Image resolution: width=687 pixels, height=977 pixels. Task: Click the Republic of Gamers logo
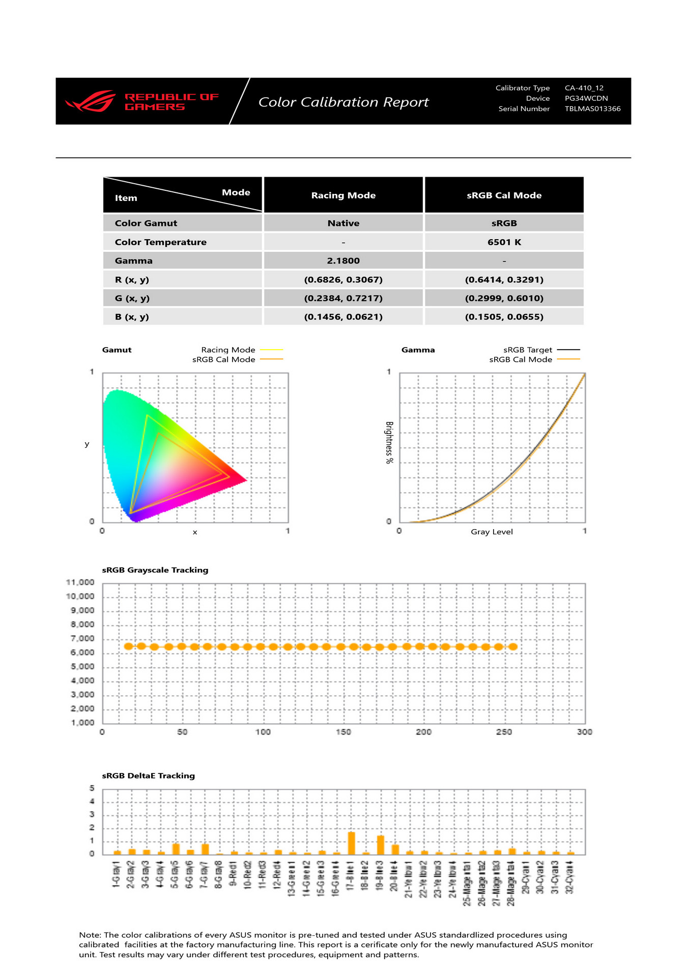coord(142,101)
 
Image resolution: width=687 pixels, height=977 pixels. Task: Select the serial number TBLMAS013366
coord(592,109)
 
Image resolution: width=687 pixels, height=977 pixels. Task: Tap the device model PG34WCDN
coord(586,98)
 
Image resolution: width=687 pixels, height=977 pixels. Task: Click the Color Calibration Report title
coord(343,102)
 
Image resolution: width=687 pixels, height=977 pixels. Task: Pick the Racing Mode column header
coord(343,195)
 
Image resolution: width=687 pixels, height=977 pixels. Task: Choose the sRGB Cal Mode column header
coord(504,195)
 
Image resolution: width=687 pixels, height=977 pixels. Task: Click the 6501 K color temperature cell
coord(504,242)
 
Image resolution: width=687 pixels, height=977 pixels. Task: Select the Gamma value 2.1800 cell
coord(343,261)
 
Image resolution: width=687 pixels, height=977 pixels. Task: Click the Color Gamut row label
coord(146,223)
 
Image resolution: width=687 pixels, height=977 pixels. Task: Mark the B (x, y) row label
coord(132,317)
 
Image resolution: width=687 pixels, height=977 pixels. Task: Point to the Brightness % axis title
coord(389,443)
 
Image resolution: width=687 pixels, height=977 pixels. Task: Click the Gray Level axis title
coord(492,532)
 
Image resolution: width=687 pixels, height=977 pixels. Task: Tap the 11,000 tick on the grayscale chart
coord(80,583)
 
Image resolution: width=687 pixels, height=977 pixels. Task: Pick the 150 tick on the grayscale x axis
coord(343,732)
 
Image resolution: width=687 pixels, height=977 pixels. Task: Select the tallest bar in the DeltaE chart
coord(351,843)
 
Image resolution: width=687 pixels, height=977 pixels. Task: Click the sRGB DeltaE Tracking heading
coord(149,775)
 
